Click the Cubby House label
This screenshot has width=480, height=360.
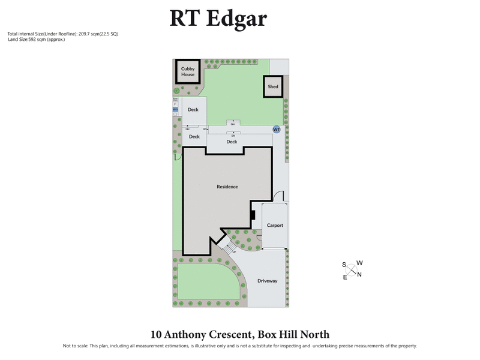click(188, 72)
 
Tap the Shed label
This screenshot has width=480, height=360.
click(273, 87)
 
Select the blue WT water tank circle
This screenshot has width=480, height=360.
click(277, 129)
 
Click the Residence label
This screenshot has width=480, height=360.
click(227, 187)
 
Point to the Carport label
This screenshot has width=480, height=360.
click(275, 226)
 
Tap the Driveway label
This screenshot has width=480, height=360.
click(268, 281)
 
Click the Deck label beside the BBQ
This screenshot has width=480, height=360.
click(193, 110)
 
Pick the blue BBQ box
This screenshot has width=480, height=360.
click(175, 110)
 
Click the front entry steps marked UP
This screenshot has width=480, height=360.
click(227, 245)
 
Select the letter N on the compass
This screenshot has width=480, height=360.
click(359, 275)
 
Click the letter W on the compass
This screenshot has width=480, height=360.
click(359, 263)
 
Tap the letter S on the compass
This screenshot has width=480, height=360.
click(344, 265)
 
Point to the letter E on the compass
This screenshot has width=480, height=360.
click(345, 277)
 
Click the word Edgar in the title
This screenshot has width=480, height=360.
click(237, 18)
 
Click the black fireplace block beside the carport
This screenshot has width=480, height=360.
click(253, 214)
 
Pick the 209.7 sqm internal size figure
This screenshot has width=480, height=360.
click(89, 34)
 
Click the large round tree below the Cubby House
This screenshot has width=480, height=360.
click(176, 91)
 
